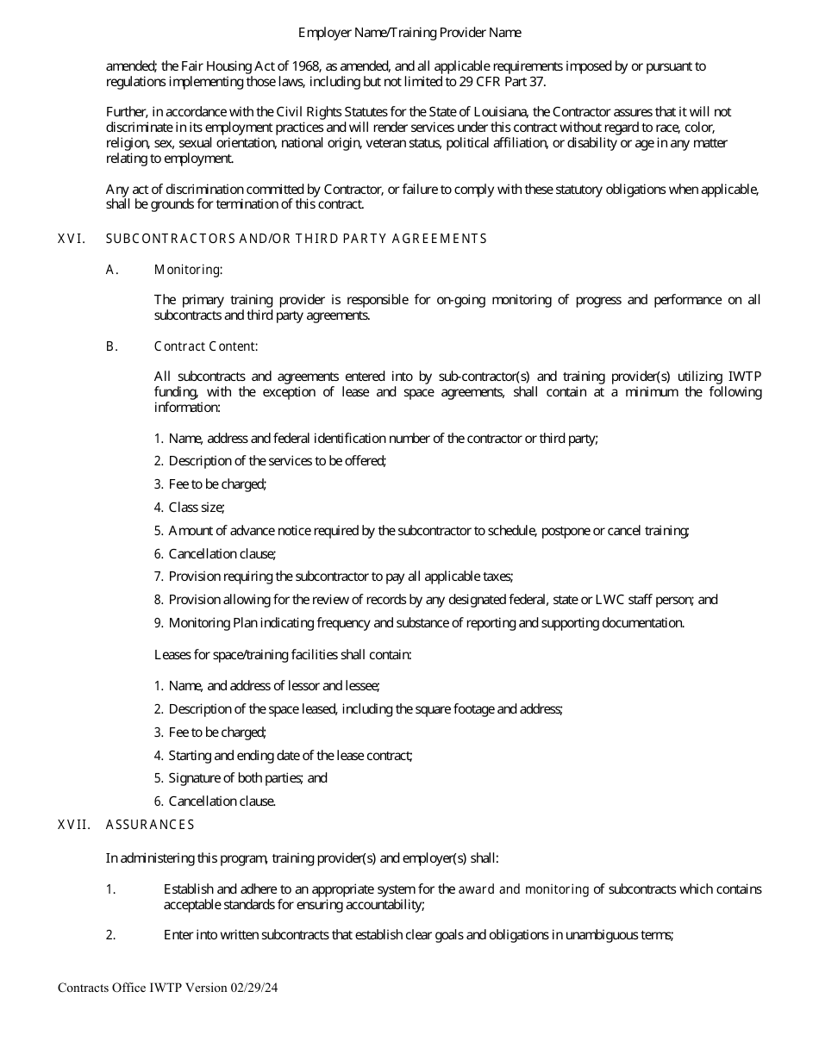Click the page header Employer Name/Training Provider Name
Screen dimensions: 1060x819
(409, 33)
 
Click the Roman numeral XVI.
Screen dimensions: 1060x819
(72, 239)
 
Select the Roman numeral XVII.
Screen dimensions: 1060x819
(74, 825)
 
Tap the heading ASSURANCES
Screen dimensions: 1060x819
(150, 825)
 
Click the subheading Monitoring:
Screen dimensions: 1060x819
(188, 270)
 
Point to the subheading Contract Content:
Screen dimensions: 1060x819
(205, 346)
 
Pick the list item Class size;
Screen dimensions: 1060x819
(197, 508)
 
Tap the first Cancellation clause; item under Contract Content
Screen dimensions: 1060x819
(222, 554)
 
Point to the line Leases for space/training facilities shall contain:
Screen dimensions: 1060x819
(283, 655)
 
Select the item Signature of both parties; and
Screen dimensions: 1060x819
(248, 778)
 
